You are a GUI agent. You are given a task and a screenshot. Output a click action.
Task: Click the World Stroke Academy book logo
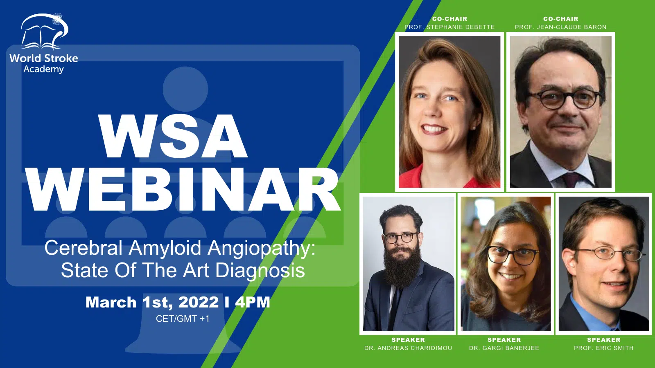tap(45, 31)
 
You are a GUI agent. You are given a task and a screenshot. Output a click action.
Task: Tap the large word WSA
tap(173, 137)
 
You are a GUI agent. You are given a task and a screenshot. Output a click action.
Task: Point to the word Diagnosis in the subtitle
tap(260, 270)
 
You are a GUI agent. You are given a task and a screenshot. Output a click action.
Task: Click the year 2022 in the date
tap(199, 302)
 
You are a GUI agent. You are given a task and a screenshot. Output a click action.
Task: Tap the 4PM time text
tap(253, 302)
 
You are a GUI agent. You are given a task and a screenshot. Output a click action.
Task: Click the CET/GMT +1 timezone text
tap(183, 319)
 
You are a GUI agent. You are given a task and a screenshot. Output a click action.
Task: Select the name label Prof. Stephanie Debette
tap(449, 27)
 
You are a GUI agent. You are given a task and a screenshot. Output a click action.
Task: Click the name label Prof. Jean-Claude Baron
tap(560, 27)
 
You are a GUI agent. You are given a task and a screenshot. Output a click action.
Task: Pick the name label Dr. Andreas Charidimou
tap(408, 348)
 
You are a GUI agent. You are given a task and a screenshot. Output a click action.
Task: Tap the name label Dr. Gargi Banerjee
tap(504, 348)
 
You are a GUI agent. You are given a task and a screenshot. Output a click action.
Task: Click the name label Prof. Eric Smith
tap(603, 348)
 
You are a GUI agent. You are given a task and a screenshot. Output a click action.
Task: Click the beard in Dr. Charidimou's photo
tap(402, 268)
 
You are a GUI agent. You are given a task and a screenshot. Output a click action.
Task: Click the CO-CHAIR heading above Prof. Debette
tap(450, 19)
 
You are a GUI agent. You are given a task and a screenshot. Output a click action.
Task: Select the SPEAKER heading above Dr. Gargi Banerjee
tap(504, 340)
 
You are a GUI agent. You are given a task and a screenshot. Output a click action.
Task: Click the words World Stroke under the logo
tap(44, 58)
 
